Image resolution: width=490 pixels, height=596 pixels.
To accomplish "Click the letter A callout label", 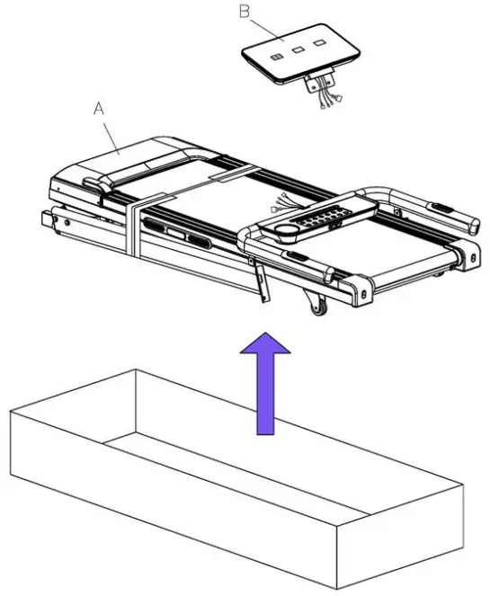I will tap(101, 109).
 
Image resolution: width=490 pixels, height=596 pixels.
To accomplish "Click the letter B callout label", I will tap(244, 12).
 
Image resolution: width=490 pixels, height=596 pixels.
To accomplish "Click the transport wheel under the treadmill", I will tap(316, 311).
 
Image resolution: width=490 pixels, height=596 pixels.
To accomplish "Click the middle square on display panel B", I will tap(294, 50).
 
